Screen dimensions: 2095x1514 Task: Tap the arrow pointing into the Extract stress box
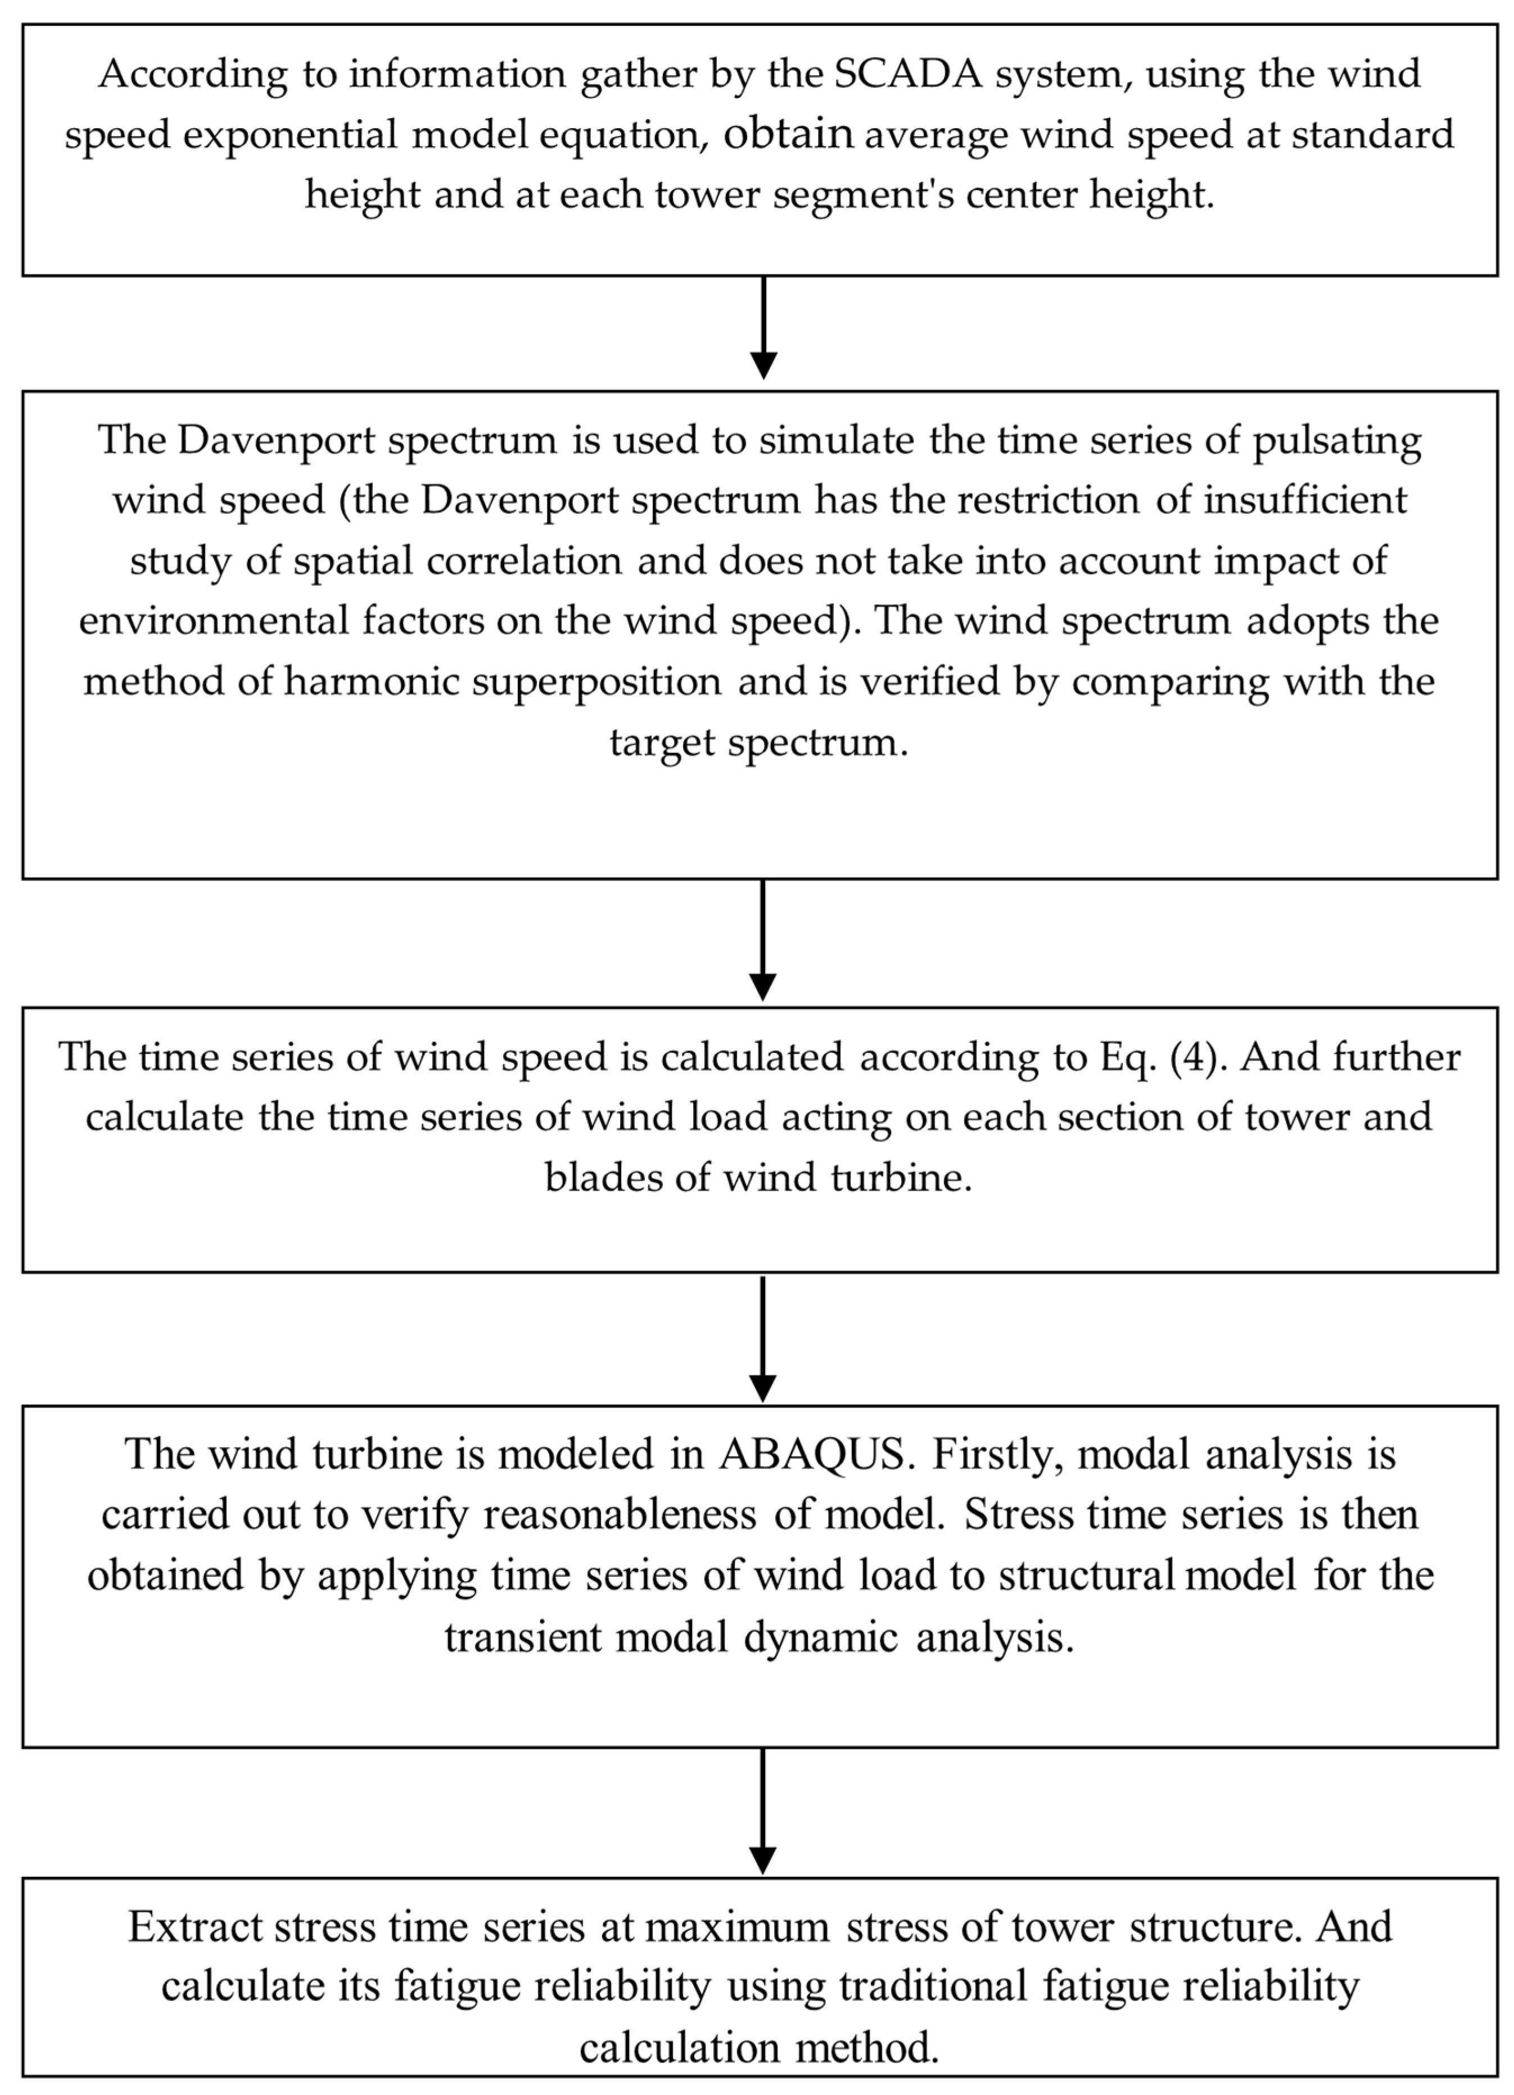click(x=763, y=1812)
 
